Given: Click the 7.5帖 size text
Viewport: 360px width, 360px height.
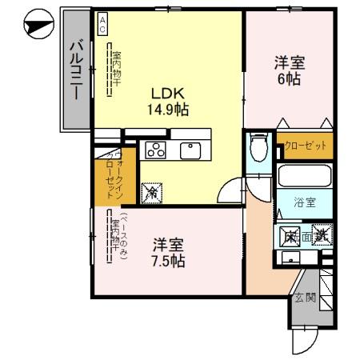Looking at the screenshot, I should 170,261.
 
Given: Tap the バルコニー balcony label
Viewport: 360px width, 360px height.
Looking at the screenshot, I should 75,72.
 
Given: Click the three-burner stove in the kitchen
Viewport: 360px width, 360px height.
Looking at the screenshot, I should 154,150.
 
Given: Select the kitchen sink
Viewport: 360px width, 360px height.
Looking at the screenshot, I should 191,149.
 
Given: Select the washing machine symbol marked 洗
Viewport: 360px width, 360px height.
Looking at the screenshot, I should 321,235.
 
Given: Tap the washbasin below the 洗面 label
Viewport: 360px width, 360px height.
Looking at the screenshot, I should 289,258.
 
